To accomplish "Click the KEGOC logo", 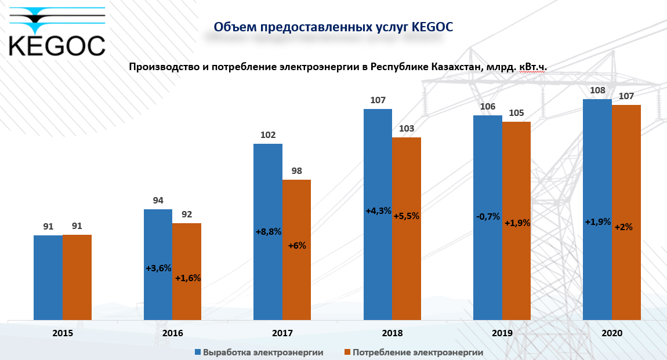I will (57, 31).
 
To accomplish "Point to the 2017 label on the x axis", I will (282, 333).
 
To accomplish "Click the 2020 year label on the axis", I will (612, 333).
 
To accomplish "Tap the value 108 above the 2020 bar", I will (598, 90).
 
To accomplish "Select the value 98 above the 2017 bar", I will (297, 171).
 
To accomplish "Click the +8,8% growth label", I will (268, 232).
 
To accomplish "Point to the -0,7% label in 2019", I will (488, 216).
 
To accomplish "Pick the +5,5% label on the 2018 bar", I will (407, 216).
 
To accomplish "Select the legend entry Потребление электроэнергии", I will (413, 352).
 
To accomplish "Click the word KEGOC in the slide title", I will (432, 27).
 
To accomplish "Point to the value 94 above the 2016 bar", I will (158, 201).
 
